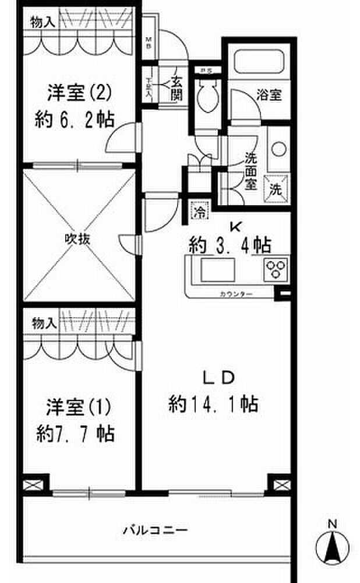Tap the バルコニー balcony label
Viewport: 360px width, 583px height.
point(155,531)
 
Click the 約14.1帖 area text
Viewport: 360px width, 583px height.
point(213,403)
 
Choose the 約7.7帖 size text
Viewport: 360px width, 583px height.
point(75,433)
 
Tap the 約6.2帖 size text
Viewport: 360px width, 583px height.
point(73,120)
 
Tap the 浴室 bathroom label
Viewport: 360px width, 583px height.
point(270,94)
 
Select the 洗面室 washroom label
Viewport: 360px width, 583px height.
point(250,171)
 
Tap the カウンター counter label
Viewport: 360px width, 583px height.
point(237,294)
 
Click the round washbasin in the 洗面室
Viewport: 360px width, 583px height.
point(278,149)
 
